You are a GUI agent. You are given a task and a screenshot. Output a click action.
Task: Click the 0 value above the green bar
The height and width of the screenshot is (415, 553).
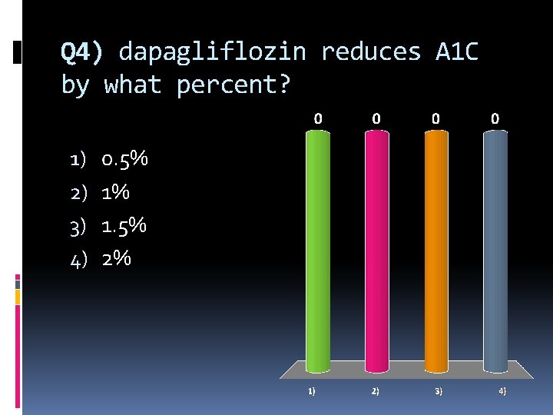click(318, 119)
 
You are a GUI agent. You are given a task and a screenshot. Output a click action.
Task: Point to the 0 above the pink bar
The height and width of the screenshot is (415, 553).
click(376, 119)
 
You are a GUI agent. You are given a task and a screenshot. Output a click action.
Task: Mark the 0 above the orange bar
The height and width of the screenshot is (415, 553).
click(435, 119)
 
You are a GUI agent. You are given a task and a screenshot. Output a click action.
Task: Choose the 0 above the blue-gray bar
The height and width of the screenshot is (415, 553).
click(495, 119)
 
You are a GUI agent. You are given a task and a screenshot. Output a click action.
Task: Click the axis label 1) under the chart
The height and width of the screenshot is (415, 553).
click(311, 391)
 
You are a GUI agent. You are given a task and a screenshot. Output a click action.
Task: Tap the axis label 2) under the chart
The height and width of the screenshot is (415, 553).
click(375, 391)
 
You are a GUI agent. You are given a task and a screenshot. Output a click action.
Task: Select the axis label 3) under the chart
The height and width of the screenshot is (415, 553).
click(438, 391)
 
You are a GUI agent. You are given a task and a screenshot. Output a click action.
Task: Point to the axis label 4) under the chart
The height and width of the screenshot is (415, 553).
click(502, 391)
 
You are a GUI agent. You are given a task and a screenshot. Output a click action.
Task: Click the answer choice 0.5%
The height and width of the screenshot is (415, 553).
click(124, 160)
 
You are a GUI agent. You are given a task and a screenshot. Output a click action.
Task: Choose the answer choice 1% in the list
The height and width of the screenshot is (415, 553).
click(115, 193)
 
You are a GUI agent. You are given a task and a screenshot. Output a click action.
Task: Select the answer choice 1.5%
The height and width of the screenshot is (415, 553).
click(124, 226)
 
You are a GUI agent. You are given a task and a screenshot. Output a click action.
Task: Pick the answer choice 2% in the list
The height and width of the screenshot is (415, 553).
click(116, 259)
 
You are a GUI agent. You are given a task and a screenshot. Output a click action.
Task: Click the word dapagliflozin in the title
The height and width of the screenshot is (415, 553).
click(212, 52)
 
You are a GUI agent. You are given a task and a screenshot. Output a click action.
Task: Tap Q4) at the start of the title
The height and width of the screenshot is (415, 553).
click(81, 52)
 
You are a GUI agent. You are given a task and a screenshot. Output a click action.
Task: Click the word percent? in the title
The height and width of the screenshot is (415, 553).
click(233, 85)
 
